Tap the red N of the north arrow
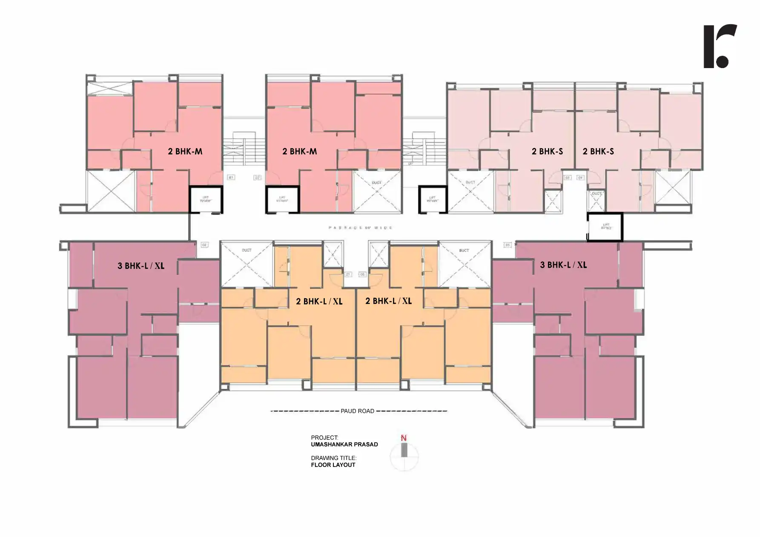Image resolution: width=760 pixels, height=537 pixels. pyautogui.click(x=404, y=438)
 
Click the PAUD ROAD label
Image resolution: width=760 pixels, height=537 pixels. pyautogui.click(x=357, y=411)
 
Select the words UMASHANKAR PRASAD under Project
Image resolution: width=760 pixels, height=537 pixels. pyautogui.click(x=344, y=444)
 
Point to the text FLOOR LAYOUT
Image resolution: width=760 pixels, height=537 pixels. pyautogui.click(x=333, y=465)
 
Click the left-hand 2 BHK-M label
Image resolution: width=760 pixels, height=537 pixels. pyautogui.click(x=185, y=151)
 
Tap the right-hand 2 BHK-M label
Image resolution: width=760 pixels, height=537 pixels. pyautogui.click(x=299, y=151)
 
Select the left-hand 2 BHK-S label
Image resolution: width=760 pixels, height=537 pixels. pyautogui.click(x=547, y=151)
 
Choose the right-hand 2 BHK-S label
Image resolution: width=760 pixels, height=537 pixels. pyautogui.click(x=598, y=151)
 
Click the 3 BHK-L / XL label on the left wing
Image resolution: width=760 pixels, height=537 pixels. pyautogui.click(x=141, y=266)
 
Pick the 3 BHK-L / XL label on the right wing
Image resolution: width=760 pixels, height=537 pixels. pyautogui.click(x=563, y=265)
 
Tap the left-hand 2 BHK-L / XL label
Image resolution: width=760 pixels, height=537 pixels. pyautogui.click(x=319, y=301)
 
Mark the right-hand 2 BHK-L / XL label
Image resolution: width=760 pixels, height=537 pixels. pyautogui.click(x=388, y=301)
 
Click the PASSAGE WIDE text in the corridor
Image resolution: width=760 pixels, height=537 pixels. pyautogui.click(x=360, y=228)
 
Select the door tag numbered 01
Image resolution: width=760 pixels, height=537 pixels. pyautogui.click(x=231, y=177)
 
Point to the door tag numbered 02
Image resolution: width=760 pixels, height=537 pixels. pyautogui.click(x=257, y=177)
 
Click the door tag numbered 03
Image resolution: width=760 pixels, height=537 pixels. pyautogui.click(x=567, y=177)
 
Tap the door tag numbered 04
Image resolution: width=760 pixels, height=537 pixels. pyautogui.click(x=580, y=177)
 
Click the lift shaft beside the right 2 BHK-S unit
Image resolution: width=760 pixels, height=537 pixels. pyautogui.click(x=605, y=227)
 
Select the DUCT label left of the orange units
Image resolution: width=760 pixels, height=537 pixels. pyautogui.click(x=247, y=250)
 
